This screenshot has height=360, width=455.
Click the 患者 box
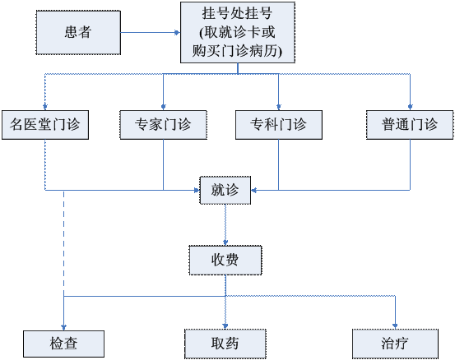point(78,32)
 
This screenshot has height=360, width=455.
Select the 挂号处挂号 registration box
point(238,32)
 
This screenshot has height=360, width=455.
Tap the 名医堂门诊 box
point(45,125)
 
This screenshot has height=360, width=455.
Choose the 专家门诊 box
point(164,125)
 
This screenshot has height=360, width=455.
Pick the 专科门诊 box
point(279,125)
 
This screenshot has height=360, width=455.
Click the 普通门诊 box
point(410,125)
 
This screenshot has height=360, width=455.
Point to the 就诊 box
point(225,190)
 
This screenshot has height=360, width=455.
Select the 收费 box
point(225,260)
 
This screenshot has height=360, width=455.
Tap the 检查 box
point(64,344)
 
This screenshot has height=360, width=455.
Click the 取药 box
point(225,344)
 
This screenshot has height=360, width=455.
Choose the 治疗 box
point(395,344)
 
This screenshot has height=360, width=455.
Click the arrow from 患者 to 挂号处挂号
point(151,32)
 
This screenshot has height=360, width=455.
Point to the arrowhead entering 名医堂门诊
point(45,107)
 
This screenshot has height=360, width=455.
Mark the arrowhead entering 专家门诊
point(164,107)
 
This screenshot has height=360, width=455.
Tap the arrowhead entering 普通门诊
point(410,107)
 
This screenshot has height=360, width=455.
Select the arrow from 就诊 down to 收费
point(225,225)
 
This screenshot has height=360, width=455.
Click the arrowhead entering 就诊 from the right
point(254,190)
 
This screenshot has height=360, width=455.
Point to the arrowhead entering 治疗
point(395,325)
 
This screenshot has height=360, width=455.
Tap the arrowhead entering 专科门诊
point(279,107)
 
